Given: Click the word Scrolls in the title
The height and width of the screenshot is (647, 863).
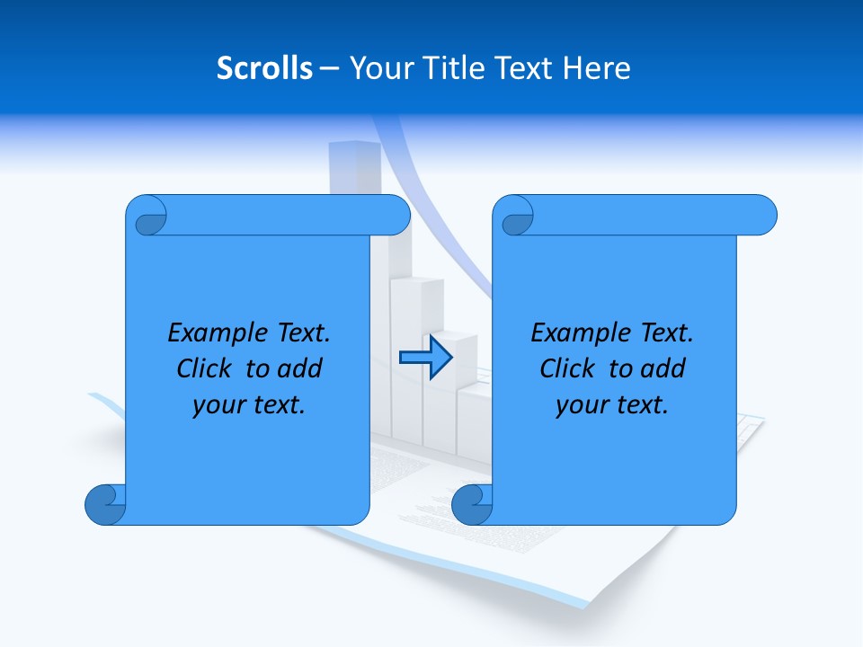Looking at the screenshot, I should pyautogui.click(x=265, y=68).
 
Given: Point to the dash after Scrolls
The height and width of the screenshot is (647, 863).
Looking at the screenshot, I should pyautogui.click(x=329, y=68).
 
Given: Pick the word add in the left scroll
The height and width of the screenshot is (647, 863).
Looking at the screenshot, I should pyautogui.click(x=299, y=368).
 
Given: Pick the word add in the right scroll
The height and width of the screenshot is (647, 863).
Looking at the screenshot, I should pyautogui.click(x=663, y=368).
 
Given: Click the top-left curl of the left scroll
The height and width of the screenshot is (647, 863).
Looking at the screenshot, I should pyautogui.click(x=147, y=217).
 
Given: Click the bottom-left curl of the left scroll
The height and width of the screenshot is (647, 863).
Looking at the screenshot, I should pyautogui.click(x=105, y=504).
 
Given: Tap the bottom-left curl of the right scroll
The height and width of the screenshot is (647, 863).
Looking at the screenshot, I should pyautogui.click(x=471, y=504).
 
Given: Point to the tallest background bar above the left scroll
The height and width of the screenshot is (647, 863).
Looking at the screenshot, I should pyautogui.click(x=354, y=166).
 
